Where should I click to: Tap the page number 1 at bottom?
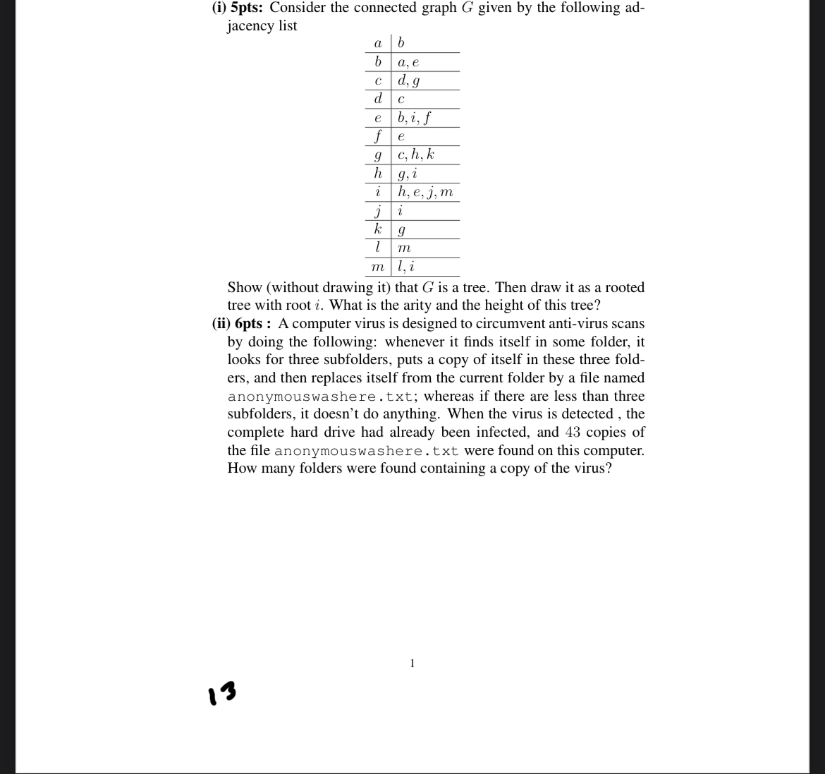click(412, 663)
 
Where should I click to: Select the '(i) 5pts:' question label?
click(238, 8)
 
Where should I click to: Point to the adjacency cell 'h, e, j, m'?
click(424, 192)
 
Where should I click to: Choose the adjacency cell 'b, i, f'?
click(414, 117)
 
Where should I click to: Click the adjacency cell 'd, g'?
click(409, 80)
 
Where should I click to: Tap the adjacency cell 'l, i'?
click(405, 267)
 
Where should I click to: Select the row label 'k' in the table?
click(378, 229)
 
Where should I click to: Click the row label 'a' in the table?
click(378, 43)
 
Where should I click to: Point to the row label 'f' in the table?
click(379, 135)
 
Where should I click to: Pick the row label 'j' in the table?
click(379, 210)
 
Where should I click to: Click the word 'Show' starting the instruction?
click(245, 287)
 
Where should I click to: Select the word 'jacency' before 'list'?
click(250, 26)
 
